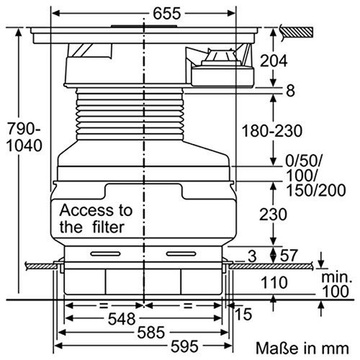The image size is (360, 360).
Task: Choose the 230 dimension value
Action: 274,214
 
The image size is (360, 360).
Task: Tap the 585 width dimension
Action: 145,333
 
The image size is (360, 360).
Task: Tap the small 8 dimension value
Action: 290,91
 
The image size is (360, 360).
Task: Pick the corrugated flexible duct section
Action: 144,114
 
